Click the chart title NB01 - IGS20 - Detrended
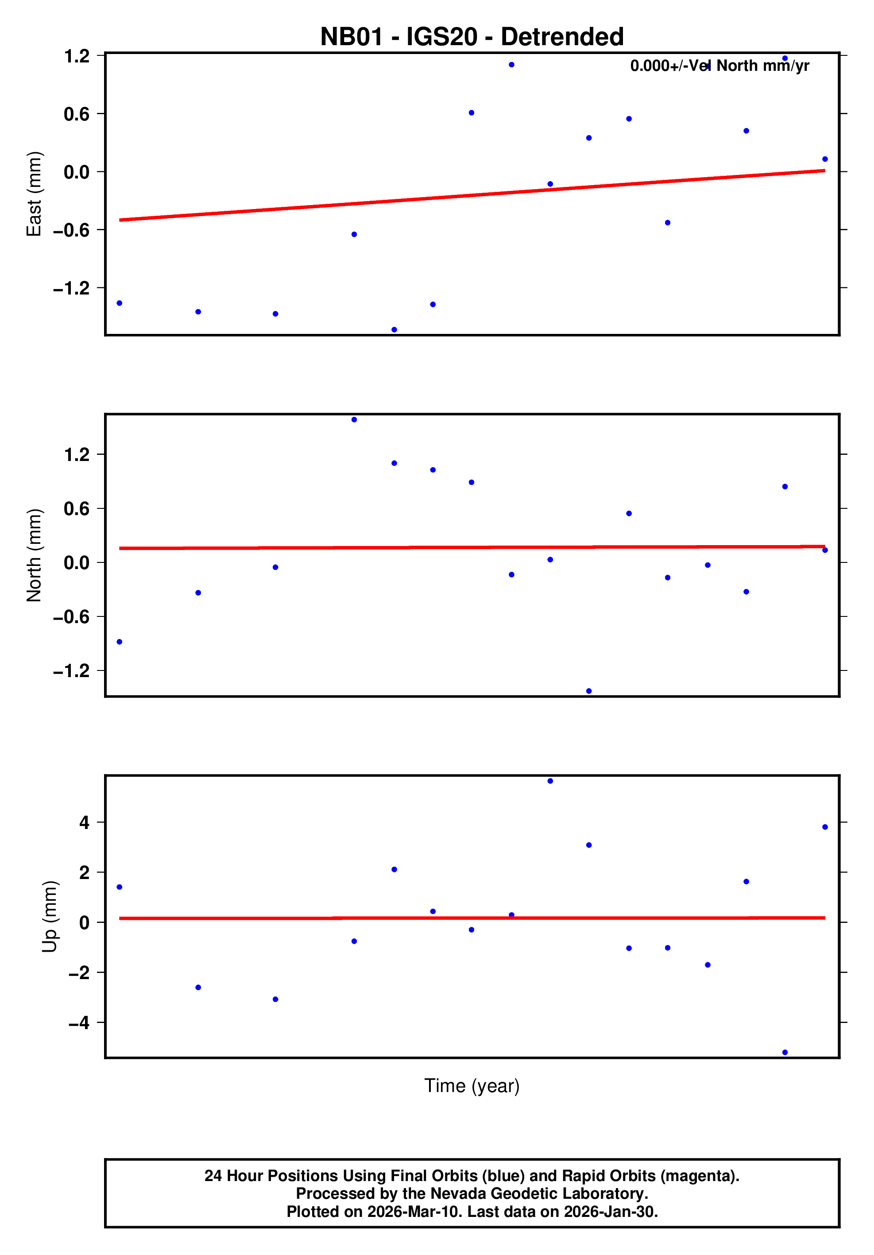[x=471, y=37]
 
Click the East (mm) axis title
[x=34, y=194]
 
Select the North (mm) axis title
[x=34, y=555]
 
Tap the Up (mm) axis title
[x=49, y=917]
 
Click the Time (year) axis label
[x=472, y=1085]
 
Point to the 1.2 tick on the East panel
[x=77, y=56]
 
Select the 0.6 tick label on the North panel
[x=77, y=509]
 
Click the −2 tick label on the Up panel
[x=79, y=973]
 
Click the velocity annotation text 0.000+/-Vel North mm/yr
[x=719, y=66]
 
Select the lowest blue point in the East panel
[x=394, y=329]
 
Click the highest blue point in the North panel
[x=354, y=420]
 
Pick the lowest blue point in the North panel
[x=589, y=691]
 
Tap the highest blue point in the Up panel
[x=550, y=781]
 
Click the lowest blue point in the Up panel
[x=785, y=1052]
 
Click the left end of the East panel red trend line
[x=121, y=220]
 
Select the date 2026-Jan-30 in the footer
[x=610, y=1212]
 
